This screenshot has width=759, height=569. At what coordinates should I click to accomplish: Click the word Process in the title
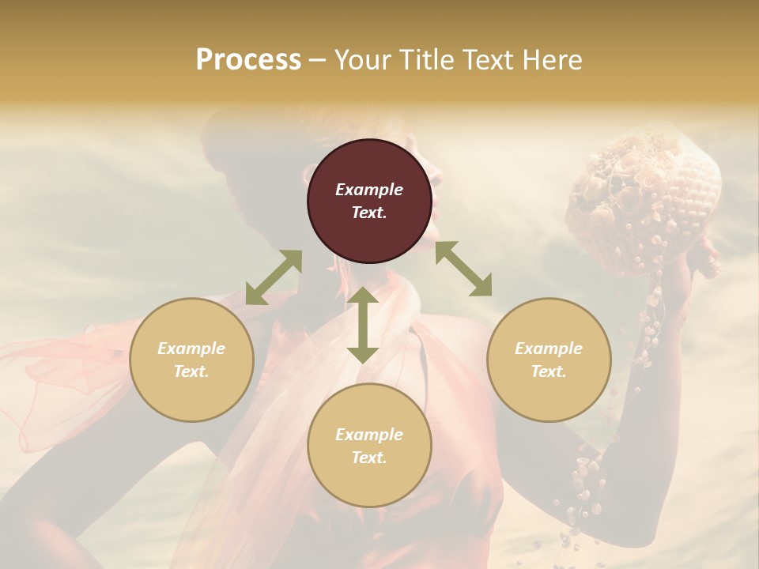point(248,60)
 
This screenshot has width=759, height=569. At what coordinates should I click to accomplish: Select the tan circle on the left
point(191,360)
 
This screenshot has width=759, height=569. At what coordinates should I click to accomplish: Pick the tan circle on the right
point(549,360)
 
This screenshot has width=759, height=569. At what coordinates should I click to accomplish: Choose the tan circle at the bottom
point(369,445)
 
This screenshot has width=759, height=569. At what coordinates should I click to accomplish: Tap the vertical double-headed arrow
point(363,325)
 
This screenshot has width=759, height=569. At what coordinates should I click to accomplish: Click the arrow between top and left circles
point(274,277)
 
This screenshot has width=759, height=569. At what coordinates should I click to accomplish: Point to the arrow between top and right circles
point(464,269)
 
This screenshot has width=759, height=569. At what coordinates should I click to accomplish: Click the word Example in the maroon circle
point(369,190)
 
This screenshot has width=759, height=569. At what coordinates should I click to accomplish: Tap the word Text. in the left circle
point(191,371)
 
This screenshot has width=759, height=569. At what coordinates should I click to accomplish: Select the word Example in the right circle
point(549,349)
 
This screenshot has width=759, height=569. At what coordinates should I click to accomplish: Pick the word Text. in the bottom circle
point(369,458)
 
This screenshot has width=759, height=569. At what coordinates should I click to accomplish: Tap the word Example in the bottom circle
point(369,435)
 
